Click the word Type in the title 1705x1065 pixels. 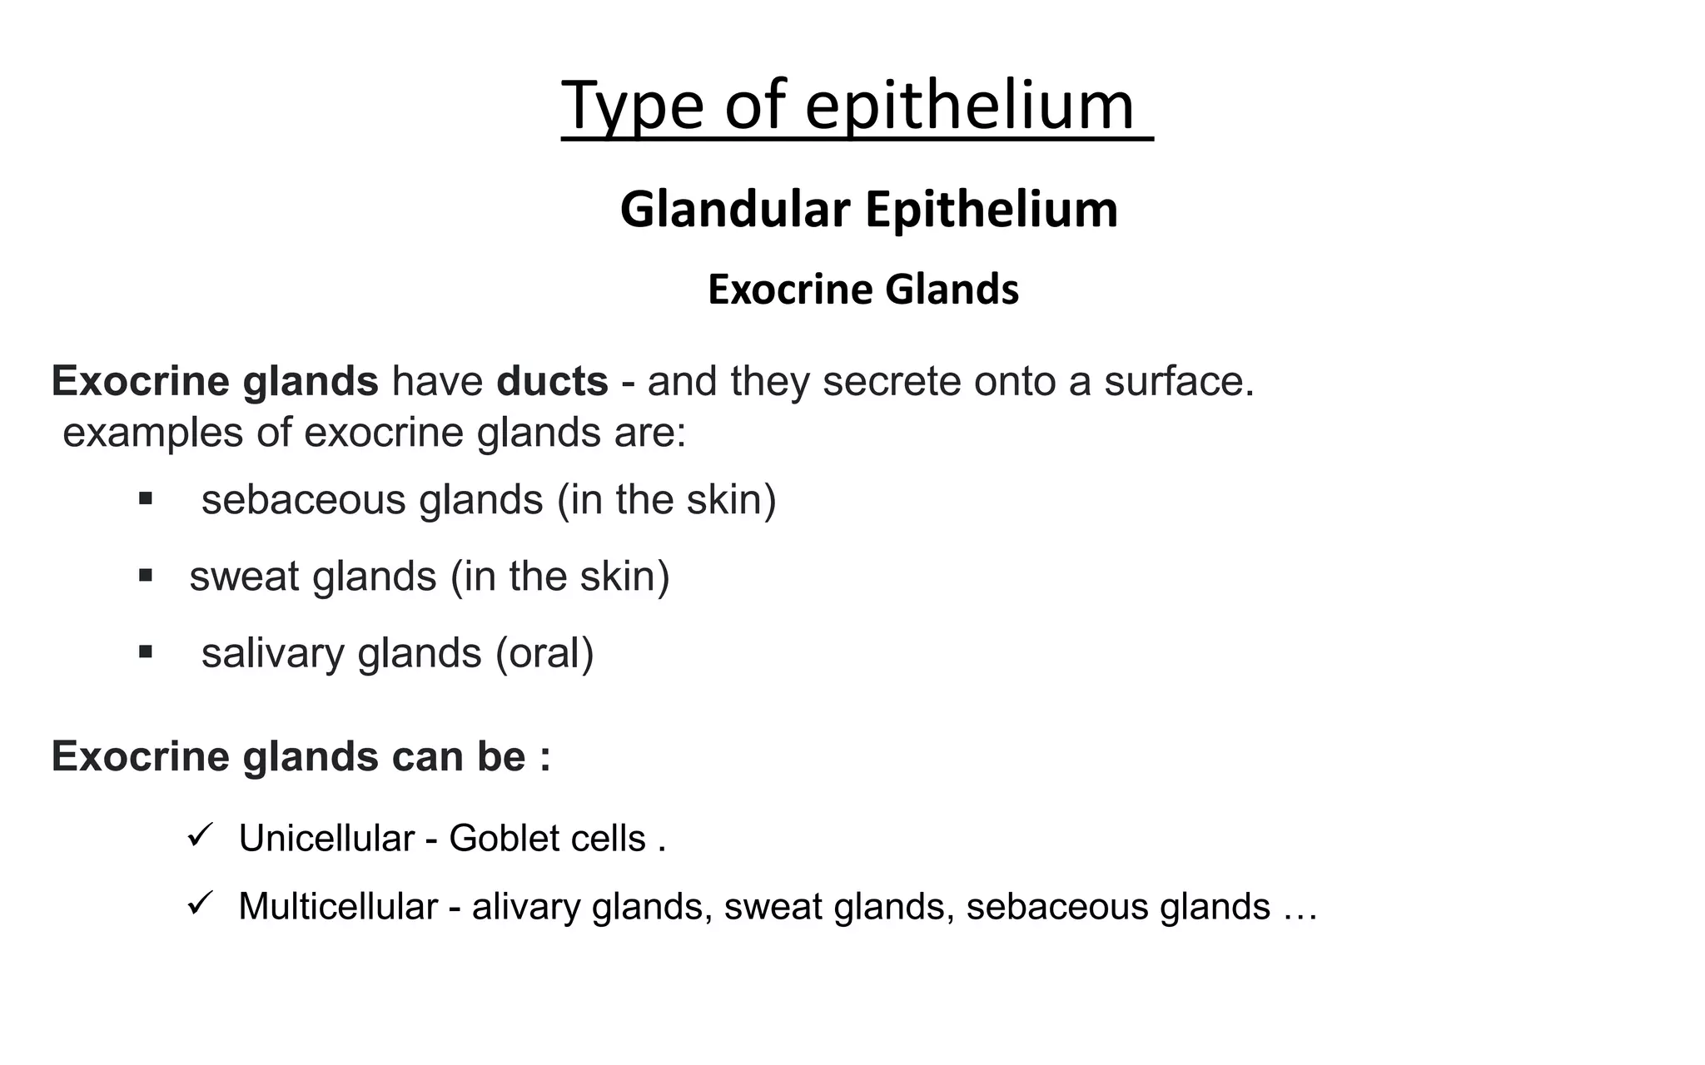tap(632, 106)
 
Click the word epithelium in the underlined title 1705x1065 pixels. tap(969, 106)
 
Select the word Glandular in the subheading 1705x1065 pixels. tap(734, 210)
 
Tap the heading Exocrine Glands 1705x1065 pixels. tap(863, 290)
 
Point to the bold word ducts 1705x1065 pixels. tap(552, 381)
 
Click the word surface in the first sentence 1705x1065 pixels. tap(1178, 381)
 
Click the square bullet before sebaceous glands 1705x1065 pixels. tap(146, 499)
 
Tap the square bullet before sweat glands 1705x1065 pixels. tap(146, 576)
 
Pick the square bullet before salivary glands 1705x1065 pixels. tap(146, 652)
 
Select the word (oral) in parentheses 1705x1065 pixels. tap(544, 653)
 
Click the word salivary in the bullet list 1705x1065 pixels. tap(272, 653)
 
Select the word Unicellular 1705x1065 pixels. tap(326, 839)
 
